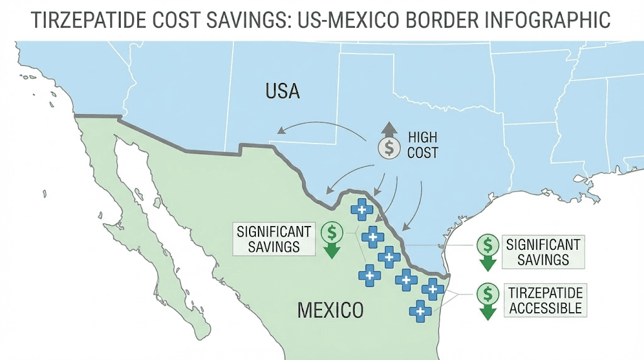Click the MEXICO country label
pos(330,310)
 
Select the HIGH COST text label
pos(423,145)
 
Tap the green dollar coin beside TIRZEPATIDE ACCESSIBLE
pos(487,293)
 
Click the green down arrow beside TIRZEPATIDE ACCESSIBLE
pos(487,311)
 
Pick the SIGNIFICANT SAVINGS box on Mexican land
pos(274,239)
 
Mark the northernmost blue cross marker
pos(362,209)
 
